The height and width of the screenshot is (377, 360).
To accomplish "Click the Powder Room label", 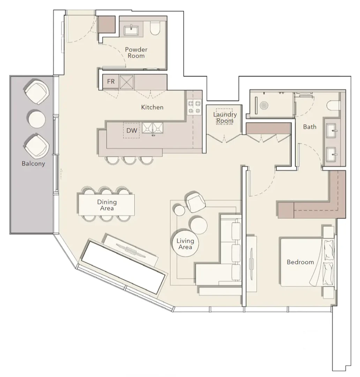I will click(136, 52).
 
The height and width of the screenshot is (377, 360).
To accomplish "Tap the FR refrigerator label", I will click(111, 82).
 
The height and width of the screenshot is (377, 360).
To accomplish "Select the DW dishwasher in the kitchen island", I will click(132, 131).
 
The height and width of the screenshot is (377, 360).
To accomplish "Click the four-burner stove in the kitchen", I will click(195, 107).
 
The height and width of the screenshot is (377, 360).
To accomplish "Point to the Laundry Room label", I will click(225, 118).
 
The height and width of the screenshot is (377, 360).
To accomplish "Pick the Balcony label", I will click(33, 163).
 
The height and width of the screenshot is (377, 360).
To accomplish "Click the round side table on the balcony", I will click(37, 119).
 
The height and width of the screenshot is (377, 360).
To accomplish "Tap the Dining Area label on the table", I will click(107, 205).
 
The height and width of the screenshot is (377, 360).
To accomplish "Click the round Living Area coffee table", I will click(185, 244).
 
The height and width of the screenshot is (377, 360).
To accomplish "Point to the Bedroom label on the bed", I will click(300, 262).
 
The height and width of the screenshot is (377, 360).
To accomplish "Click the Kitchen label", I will click(152, 107).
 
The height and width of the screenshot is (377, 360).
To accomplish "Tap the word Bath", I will click(310, 126).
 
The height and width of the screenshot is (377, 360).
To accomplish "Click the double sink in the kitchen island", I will click(153, 128).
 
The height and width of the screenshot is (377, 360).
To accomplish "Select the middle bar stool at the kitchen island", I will click(129, 160).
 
